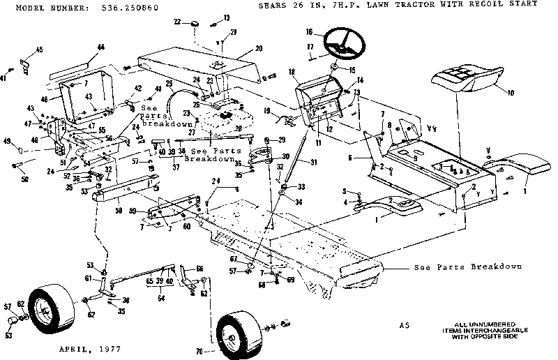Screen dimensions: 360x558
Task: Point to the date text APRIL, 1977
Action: click(x=91, y=347)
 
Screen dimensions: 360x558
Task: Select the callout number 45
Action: click(x=39, y=49)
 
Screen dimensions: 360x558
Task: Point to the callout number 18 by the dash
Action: click(x=292, y=72)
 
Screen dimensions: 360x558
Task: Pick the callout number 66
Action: click(x=200, y=268)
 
